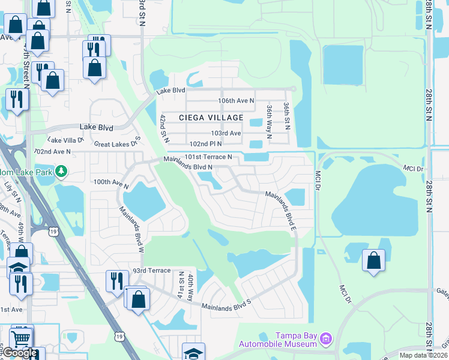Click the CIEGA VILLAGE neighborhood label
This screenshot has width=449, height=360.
tap(211, 118)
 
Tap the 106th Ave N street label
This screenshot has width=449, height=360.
tap(236, 101)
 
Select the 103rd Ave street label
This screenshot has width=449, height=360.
tap(226, 133)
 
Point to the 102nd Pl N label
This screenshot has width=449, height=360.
tap(205, 144)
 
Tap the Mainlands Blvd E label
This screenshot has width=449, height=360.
tap(283, 208)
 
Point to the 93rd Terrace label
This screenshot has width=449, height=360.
tap(152, 271)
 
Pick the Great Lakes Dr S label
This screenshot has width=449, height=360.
tap(117, 143)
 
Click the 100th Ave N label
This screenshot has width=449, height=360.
tap(111, 182)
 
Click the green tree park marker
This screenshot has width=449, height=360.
tap(61, 172)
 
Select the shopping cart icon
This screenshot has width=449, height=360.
tap(22, 338)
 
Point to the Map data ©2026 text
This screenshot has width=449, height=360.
tap(423, 355)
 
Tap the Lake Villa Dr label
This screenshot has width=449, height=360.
tap(66, 140)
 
